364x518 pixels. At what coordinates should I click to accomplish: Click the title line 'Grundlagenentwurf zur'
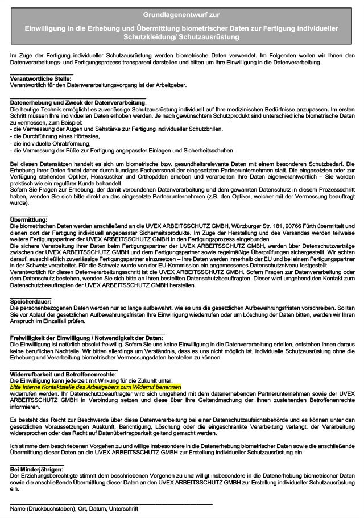tap(182, 12)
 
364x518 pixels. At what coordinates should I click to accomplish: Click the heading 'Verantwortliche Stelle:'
tap(42, 78)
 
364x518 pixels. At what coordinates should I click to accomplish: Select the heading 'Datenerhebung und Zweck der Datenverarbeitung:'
tap(78, 102)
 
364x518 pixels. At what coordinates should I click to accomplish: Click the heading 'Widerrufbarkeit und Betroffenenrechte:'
tap(63, 374)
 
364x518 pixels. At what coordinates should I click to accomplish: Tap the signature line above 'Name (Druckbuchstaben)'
tap(111, 504)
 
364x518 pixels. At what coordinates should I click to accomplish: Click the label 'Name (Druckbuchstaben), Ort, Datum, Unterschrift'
tap(74, 508)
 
